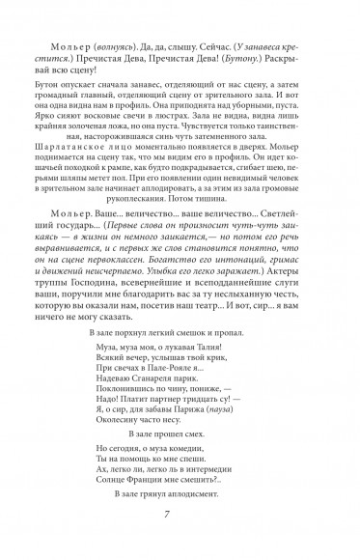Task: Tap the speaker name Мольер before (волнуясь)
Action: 61,45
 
